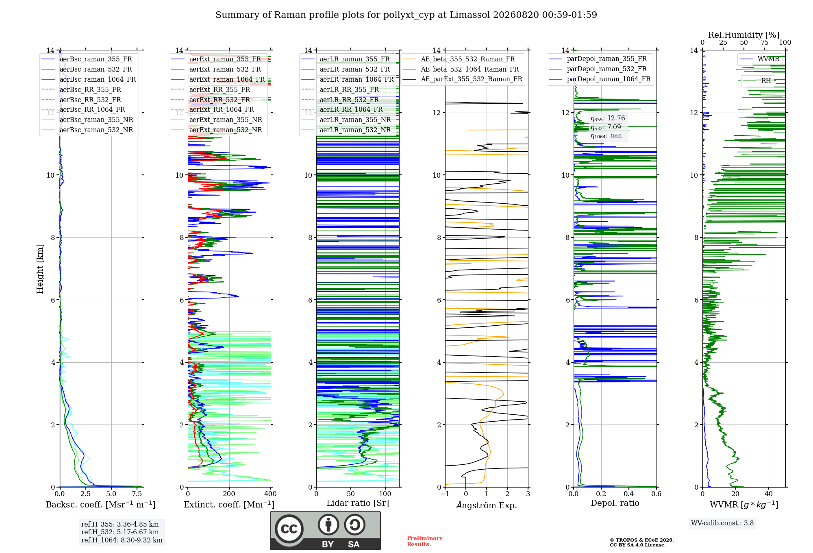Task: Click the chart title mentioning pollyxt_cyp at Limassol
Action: [406, 15]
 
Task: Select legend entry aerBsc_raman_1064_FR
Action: [98, 79]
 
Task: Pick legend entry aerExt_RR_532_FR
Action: [220, 100]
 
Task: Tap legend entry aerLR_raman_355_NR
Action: [355, 120]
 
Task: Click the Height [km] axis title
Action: [40, 269]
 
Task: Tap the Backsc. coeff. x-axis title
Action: [101, 505]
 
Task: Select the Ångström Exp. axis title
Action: [487, 505]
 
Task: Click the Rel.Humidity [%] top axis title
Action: [744, 35]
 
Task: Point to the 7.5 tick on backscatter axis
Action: [137, 494]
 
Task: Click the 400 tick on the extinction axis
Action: [271, 494]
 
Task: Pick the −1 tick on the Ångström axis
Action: [445, 494]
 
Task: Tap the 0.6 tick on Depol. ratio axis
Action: [656, 494]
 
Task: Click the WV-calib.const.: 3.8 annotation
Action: [722, 523]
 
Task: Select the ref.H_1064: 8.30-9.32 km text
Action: [122, 540]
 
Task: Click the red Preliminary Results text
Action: [425, 541]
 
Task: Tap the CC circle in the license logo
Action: [289, 529]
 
